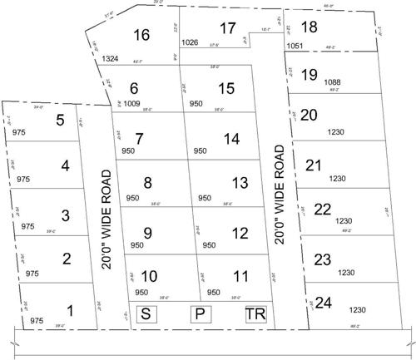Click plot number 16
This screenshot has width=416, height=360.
click(141, 35)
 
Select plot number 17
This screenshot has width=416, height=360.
click(227, 27)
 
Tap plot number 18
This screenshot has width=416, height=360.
click(309, 28)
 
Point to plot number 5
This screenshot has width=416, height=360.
click(60, 121)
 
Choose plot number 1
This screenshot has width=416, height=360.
click(70, 311)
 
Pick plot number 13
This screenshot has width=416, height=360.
click(240, 182)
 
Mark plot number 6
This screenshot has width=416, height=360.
click(132, 88)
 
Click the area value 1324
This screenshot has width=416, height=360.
click(111, 58)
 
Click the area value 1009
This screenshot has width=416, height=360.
click(134, 106)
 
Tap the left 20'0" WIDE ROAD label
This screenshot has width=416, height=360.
click(106, 219)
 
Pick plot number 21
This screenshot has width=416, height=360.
click(314, 165)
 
